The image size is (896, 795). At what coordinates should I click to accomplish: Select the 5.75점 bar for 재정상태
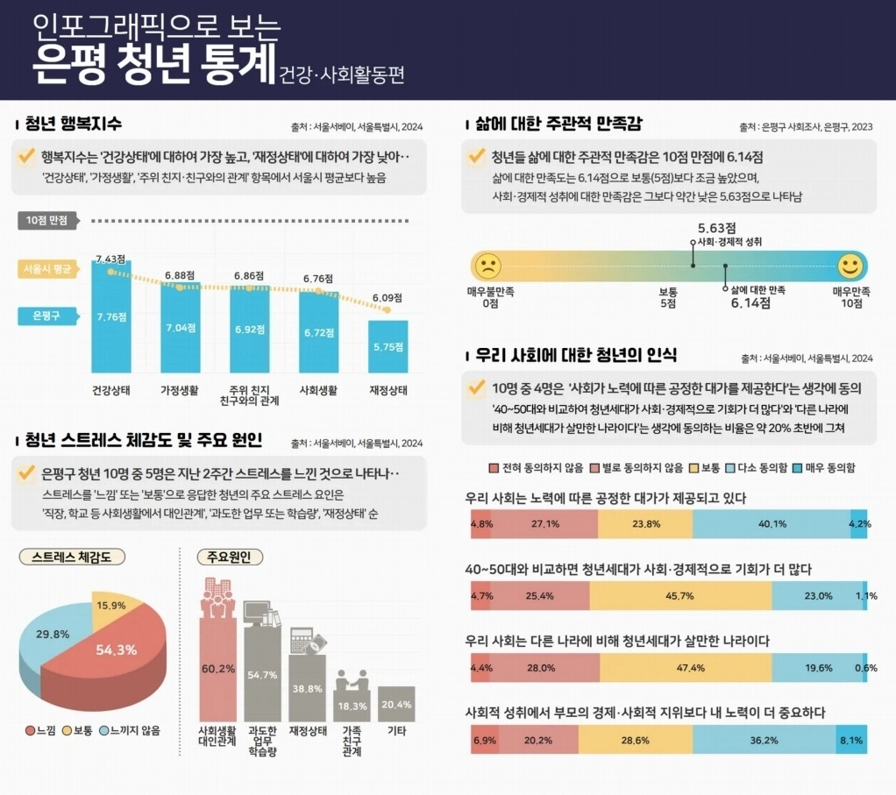pos(388,346)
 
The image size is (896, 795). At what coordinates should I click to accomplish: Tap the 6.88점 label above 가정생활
pos(178,275)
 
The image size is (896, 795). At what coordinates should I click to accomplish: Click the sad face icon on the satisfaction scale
pos(487,264)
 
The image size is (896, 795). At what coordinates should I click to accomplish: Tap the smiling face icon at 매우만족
pos(849,264)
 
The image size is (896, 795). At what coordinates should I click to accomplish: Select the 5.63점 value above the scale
pos(715,226)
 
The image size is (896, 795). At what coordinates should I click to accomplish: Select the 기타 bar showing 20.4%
pos(397,703)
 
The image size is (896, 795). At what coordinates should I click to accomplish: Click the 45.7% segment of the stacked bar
pos(680,596)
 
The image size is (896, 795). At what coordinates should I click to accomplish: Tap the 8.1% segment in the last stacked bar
pos(850,740)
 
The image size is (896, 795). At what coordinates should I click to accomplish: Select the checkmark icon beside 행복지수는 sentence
pos(26,158)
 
